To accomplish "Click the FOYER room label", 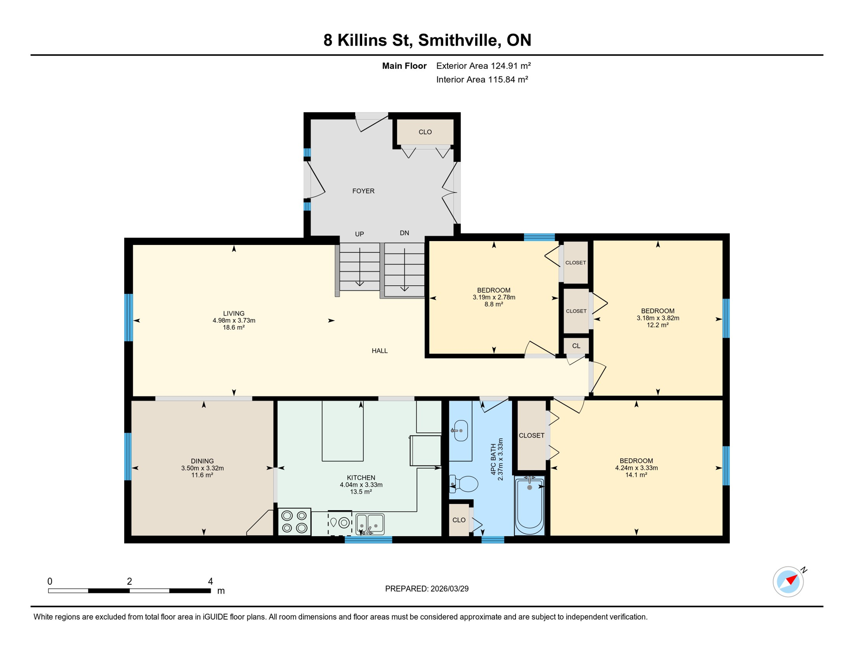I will tap(363, 191).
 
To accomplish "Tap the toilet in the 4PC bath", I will tap(464, 484).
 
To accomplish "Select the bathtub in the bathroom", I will tap(529, 505).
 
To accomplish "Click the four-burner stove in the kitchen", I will tap(294, 521).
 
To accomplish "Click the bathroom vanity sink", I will tap(461, 430).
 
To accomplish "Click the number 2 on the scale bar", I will tap(129, 581).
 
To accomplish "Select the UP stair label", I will tap(359, 234).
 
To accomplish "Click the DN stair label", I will tap(404, 233).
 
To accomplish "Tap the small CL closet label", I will tap(576, 346).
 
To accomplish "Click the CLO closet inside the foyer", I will tap(425, 132).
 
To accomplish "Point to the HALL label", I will tap(379, 351).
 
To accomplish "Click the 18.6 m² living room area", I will tap(234, 327).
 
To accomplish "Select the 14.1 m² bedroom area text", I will tap(636, 475).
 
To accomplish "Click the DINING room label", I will tap(202, 461).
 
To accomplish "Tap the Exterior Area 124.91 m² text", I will tap(483, 66).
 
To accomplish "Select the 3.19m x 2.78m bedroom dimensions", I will tap(494, 297).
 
